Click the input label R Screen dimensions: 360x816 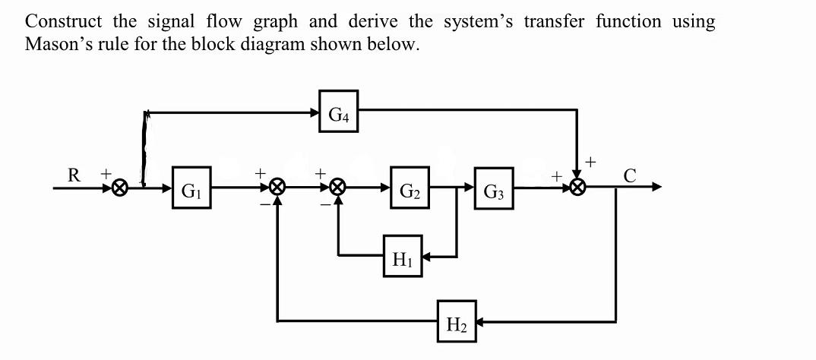(x=74, y=175)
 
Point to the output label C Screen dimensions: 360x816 (x=628, y=175)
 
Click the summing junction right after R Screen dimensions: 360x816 (x=119, y=188)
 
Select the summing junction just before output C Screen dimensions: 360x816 (x=579, y=187)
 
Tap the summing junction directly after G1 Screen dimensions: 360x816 (x=278, y=187)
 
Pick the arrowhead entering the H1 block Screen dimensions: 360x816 (x=428, y=257)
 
